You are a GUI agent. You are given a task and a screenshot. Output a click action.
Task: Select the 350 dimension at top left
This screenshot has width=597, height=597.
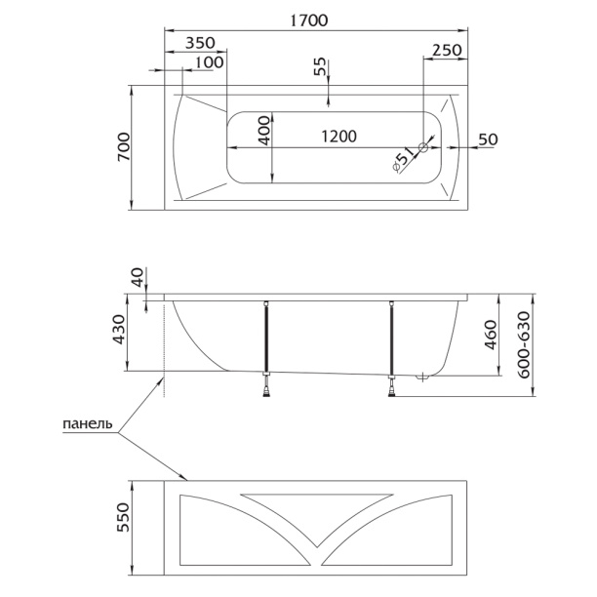(200, 43)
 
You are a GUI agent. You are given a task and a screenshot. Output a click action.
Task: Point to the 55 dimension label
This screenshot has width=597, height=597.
(319, 68)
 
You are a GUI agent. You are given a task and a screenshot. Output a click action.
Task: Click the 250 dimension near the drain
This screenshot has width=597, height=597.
(447, 50)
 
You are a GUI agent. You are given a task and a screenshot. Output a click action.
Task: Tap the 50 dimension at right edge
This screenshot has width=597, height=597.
(487, 139)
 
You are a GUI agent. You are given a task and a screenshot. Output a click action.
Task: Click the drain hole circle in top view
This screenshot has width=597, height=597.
(423, 148)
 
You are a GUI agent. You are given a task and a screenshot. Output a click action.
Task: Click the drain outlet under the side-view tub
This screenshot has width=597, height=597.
(421, 378)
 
